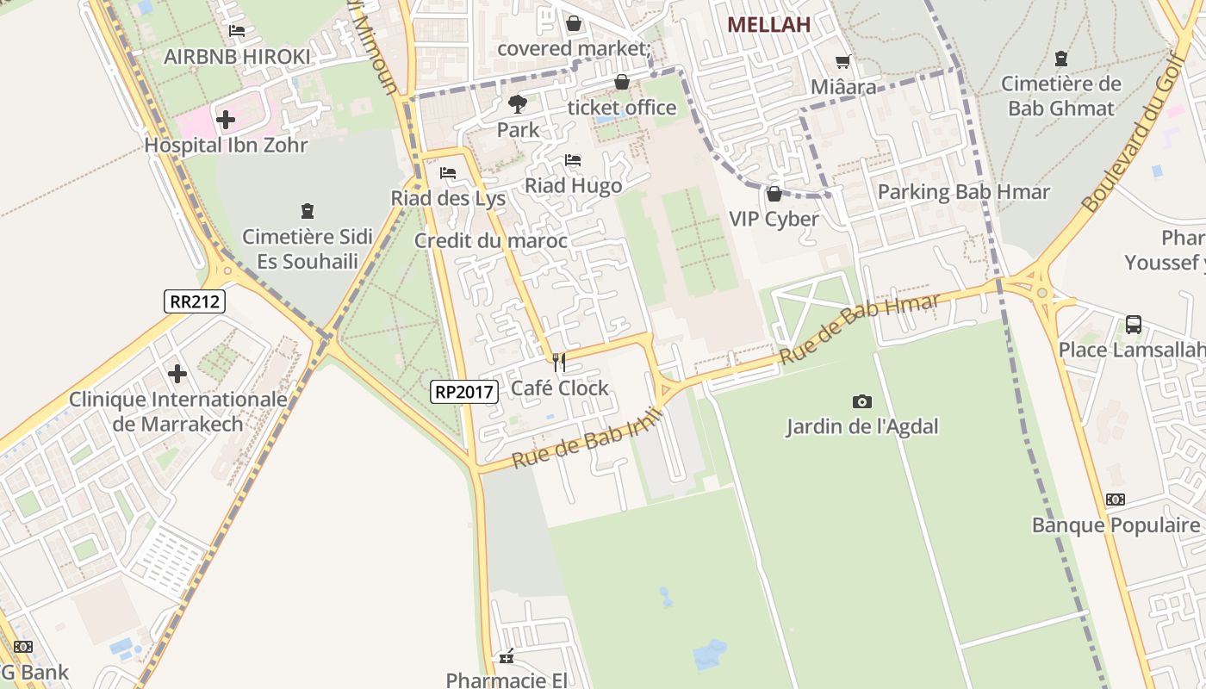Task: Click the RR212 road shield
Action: coord(195,301)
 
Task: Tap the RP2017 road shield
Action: coord(464,392)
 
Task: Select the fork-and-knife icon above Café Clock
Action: coord(560,363)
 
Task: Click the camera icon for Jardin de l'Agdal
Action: coord(861,401)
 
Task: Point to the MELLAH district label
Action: coord(769,25)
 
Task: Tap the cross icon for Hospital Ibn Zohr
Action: coord(226,119)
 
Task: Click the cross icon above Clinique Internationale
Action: coord(177,374)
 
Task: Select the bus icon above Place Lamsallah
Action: coord(1134,325)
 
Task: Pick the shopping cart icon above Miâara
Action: coord(843,62)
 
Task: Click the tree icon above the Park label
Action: coord(518,104)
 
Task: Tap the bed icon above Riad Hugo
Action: coord(573,160)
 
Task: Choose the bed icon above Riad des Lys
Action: coord(448,173)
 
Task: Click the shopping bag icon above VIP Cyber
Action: coord(774,194)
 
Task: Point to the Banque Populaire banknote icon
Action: coord(1116,500)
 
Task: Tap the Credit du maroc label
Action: coord(491,240)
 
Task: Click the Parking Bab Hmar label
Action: coord(964,191)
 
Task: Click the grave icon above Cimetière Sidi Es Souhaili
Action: coord(308,211)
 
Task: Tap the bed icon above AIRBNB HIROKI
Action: coord(237,31)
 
